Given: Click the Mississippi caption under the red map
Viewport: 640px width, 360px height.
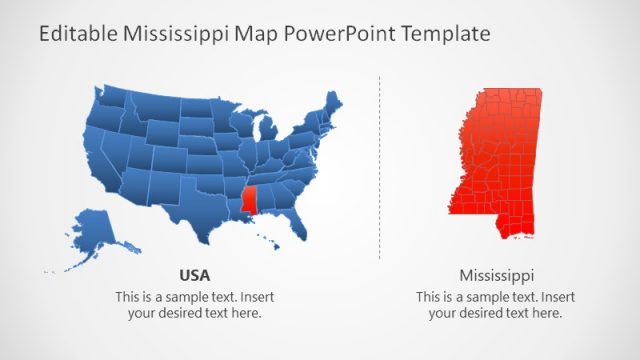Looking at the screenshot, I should point(496,274).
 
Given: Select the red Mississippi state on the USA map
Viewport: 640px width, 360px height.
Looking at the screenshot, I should point(249,198).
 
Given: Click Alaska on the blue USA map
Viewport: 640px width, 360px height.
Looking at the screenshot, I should point(90,232).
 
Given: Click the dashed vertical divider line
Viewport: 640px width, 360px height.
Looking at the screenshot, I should point(380,165).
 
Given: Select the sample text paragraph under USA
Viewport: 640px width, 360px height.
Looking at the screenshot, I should point(194,304).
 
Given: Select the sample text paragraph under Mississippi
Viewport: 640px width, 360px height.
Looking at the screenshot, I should point(495,304).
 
